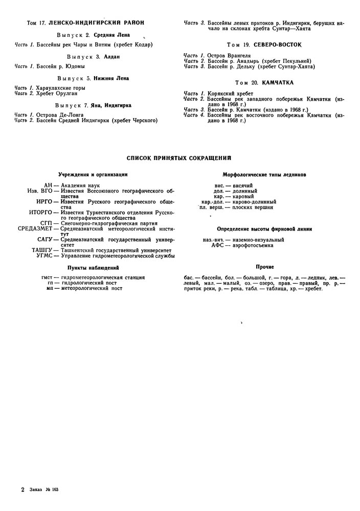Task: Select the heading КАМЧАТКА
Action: [x=279, y=82]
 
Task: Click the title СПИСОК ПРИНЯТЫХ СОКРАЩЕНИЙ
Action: [x=179, y=158]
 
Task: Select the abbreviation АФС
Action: [x=219, y=245]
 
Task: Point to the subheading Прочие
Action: [x=264, y=267]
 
